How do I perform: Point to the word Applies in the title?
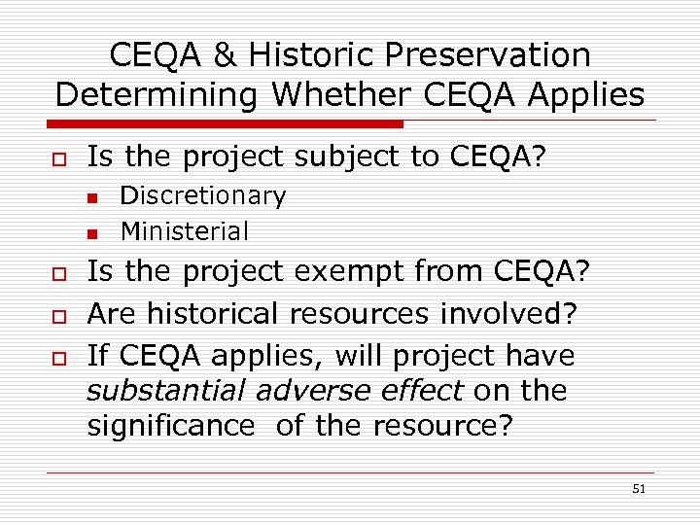click(587, 95)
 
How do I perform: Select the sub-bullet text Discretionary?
click(202, 196)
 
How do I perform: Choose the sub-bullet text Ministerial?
click(184, 231)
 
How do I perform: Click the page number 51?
click(639, 489)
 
